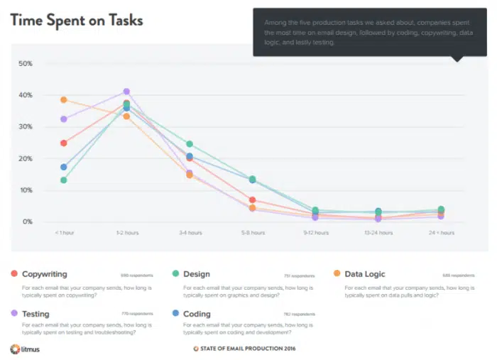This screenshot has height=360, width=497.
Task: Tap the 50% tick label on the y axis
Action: point(26,64)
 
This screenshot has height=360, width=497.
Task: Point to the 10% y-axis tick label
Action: point(26,190)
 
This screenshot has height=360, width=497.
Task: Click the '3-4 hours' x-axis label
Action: point(189,232)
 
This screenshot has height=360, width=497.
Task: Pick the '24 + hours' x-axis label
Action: point(441,232)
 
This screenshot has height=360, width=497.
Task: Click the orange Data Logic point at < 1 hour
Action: point(64,100)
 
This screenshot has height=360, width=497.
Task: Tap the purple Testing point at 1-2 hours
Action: point(126,92)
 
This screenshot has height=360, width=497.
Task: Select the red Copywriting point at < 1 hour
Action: point(64,143)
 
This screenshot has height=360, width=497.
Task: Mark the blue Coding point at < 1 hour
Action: point(64,167)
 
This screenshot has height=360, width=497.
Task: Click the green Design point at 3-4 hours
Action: point(189,144)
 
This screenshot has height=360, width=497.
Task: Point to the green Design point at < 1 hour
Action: point(64,180)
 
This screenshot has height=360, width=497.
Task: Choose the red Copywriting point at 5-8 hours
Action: point(252,200)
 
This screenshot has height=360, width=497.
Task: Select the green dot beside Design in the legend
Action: point(175,274)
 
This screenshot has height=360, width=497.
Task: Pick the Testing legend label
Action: point(35,314)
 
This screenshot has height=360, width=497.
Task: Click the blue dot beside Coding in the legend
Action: point(175,314)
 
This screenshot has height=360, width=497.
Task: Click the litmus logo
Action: point(24,349)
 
